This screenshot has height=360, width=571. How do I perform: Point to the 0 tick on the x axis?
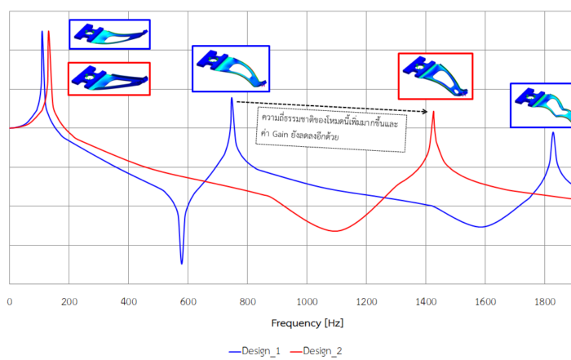click(x=9, y=301)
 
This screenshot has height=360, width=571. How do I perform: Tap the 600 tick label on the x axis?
click(x=188, y=301)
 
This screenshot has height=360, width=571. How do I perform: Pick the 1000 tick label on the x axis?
click(x=307, y=301)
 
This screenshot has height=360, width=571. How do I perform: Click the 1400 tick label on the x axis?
click(x=426, y=301)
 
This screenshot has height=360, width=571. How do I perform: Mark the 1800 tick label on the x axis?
click(x=545, y=301)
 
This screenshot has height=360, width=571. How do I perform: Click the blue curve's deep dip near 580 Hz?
click(x=182, y=263)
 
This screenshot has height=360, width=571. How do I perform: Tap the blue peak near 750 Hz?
click(x=232, y=99)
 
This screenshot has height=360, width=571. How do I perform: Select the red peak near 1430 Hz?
click(x=433, y=112)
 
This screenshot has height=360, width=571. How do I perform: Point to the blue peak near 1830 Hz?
click(x=553, y=132)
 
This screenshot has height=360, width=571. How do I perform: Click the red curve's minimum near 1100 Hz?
click(x=334, y=231)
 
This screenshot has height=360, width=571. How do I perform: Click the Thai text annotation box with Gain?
click(x=330, y=129)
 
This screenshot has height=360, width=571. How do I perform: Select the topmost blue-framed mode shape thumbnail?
click(x=109, y=34)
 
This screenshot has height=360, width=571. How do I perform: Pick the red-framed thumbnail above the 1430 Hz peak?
click(x=435, y=76)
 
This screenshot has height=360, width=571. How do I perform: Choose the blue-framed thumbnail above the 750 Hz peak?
click(x=231, y=69)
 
